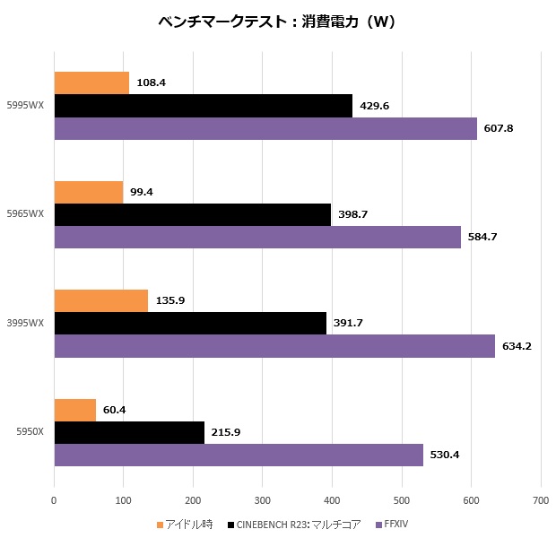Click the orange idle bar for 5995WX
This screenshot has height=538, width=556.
point(91,83)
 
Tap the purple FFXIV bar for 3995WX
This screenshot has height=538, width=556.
point(274,346)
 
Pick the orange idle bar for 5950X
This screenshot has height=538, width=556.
point(74,410)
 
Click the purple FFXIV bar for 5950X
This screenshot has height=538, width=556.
point(239,455)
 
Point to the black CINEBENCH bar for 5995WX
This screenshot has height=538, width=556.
point(203,106)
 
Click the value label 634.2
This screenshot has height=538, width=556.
point(516,346)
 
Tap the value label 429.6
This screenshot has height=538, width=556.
point(375,106)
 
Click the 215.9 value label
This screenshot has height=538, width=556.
point(226,432)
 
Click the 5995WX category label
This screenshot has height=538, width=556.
point(30,106)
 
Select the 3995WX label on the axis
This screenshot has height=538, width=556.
point(30,324)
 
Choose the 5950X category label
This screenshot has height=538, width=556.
point(32,432)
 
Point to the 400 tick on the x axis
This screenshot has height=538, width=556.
point(332,499)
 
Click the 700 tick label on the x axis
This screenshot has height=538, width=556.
point(540,499)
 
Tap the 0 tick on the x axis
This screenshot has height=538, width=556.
point(55,499)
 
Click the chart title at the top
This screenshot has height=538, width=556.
point(277,22)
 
